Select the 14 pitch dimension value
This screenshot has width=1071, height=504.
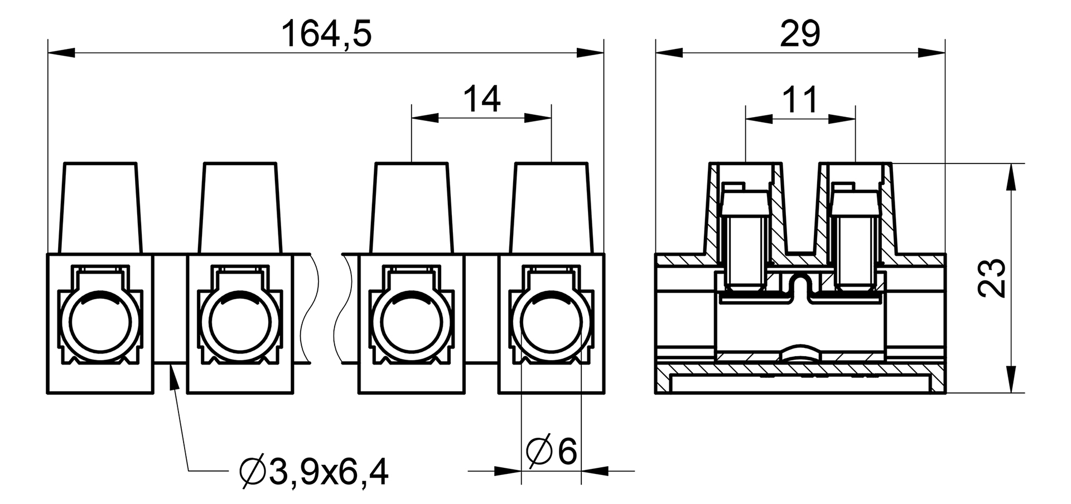point(482,99)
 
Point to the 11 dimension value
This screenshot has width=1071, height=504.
point(800,100)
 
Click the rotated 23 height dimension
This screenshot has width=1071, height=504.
point(992,278)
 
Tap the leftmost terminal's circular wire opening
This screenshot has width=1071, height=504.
point(99,323)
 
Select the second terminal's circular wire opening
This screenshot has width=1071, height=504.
point(239,323)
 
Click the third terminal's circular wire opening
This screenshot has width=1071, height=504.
point(411,323)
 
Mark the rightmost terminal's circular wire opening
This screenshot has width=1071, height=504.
point(551,323)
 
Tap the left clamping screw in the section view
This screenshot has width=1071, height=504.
point(745,245)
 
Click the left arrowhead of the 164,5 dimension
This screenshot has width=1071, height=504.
point(61,53)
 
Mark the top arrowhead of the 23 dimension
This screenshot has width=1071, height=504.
point(1009,176)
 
